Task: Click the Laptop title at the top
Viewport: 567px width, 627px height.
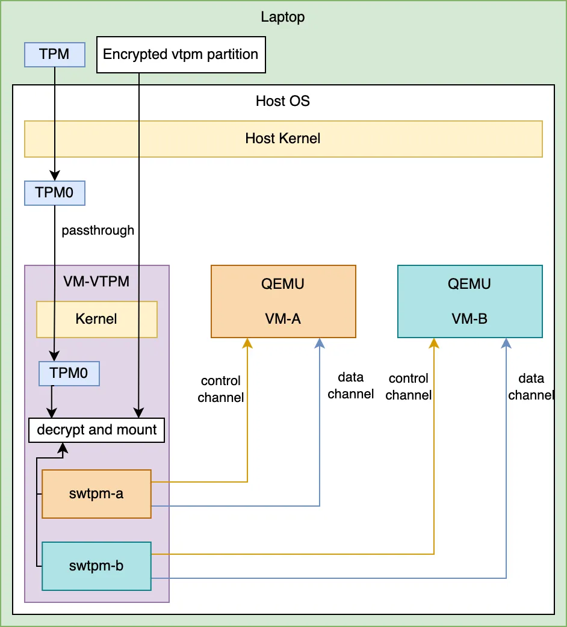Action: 283,17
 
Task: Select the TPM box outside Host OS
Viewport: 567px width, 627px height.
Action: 54,54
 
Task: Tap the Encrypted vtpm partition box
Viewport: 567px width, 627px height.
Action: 181,55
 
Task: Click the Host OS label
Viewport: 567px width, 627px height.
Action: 283,101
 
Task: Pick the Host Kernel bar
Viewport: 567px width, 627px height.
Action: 283,139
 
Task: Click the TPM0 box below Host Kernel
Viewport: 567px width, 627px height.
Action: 54,193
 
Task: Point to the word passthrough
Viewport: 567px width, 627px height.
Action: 98,230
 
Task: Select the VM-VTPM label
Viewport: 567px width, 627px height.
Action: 96,281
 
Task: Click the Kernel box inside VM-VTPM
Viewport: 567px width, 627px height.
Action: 96,319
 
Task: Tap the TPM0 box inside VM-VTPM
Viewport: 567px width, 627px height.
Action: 69,373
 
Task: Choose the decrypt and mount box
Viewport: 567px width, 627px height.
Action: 97,430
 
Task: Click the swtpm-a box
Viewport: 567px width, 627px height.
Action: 96,494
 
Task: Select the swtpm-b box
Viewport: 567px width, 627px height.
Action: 96,566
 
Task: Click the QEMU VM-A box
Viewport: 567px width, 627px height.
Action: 283,301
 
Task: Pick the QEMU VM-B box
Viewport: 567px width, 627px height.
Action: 469,301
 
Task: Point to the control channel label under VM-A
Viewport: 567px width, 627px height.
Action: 221,389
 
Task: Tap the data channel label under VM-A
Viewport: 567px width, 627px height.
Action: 350,386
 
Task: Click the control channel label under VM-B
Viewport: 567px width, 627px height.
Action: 409,387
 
